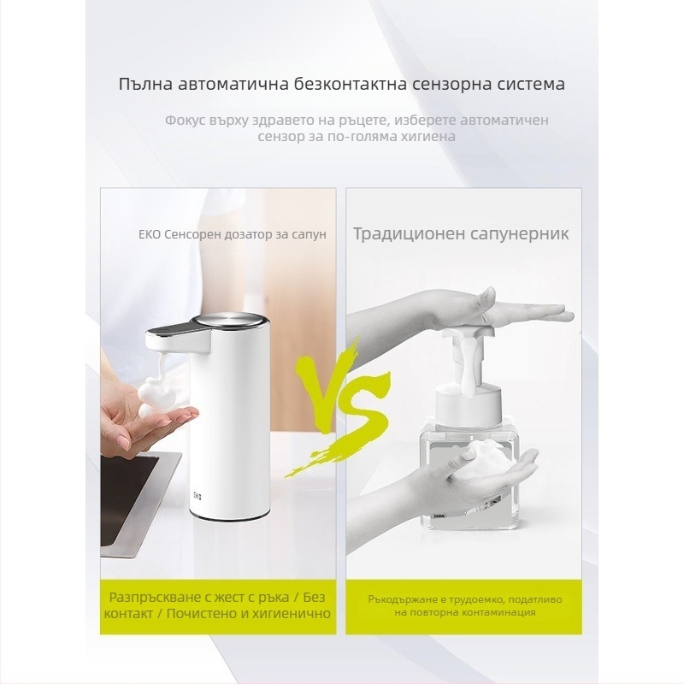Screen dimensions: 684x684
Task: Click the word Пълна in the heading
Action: click(145, 84)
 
